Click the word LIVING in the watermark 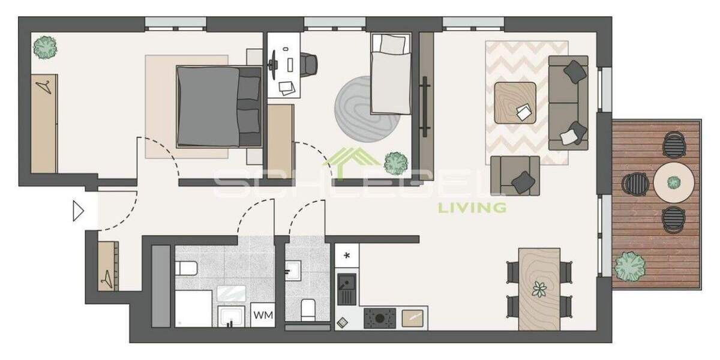(472, 208)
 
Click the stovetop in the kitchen (380, 317)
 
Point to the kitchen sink (346, 287)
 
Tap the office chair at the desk (308, 64)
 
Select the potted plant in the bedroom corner (45, 47)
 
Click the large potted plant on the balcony (629, 266)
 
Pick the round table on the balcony (674, 182)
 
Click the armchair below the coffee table (515, 175)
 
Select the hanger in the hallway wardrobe (106, 278)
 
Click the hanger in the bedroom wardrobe (43, 87)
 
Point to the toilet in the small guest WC (307, 308)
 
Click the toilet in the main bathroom (185, 268)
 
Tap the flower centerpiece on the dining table (539, 289)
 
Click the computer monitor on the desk (274, 62)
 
